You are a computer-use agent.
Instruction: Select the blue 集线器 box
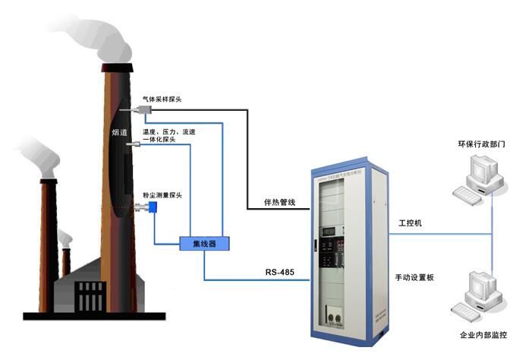coord(204,243)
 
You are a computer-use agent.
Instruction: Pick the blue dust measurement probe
coord(153,207)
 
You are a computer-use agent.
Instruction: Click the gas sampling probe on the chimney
coord(140,112)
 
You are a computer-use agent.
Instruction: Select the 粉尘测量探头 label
coord(162,195)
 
